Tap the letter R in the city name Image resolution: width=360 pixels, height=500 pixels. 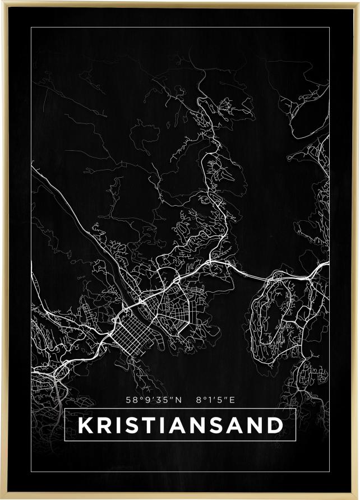(x=105, y=425)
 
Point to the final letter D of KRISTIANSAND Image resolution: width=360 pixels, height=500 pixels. (x=274, y=425)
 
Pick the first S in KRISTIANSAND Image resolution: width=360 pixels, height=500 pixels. (x=133, y=425)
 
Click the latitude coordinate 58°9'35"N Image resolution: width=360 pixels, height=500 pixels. (x=155, y=400)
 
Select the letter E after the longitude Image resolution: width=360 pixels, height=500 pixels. (x=232, y=400)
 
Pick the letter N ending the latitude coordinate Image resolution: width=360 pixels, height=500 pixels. (x=179, y=400)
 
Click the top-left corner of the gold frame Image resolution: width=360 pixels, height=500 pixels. (x=2, y=2)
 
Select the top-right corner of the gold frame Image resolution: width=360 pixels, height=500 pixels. (x=358, y=2)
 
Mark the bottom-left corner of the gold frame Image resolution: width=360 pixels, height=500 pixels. (x=2, y=497)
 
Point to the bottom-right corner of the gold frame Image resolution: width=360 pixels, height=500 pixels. (x=358, y=497)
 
